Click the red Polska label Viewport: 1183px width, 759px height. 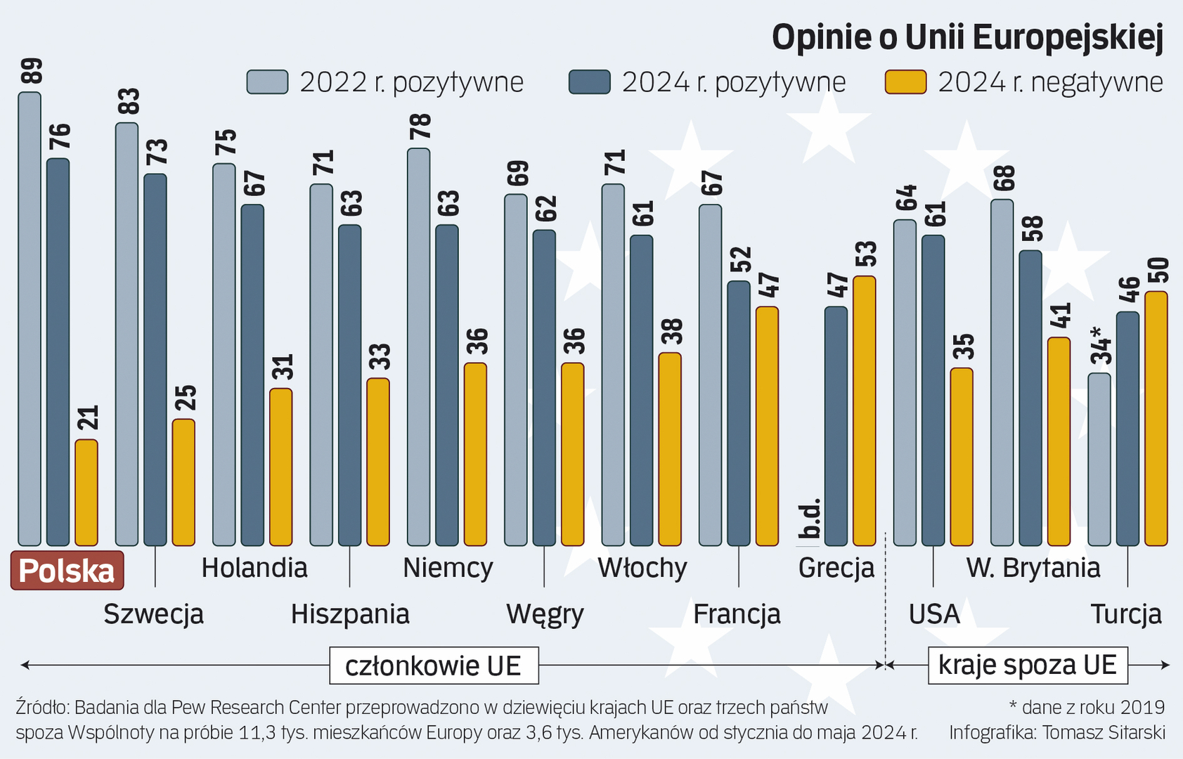(67, 571)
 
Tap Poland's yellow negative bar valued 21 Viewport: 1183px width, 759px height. (86, 492)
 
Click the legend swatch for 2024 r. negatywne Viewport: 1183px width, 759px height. (905, 82)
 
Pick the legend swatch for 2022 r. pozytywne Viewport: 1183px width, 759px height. (267, 82)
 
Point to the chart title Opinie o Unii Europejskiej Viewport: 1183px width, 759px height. (967, 37)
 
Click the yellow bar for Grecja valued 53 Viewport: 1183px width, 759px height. (864, 410)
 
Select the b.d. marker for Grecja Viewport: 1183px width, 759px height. (810, 520)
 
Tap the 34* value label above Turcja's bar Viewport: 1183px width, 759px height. (1101, 346)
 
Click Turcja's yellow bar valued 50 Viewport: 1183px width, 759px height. (1156, 418)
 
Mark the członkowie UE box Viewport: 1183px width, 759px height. (434, 666)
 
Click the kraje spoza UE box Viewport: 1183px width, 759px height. (1027, 666)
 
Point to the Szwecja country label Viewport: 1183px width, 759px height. (153, 614)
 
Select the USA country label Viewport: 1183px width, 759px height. (933, 614)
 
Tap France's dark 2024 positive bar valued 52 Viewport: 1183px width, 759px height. (738, 413)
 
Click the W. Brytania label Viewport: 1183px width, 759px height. (1033, 568)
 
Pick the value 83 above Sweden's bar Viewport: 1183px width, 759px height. (129, 102)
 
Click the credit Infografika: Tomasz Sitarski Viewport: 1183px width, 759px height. (1056, 732)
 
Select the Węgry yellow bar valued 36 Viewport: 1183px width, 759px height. (572, 454)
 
